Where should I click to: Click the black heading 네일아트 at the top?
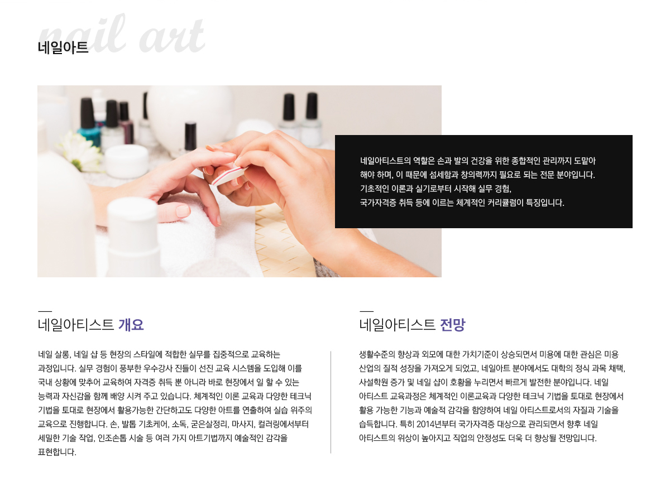tap(63, 47)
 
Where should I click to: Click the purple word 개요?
tap(131, 325)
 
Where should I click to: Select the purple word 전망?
tap(453, 325)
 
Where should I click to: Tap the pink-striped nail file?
tap(229, 176)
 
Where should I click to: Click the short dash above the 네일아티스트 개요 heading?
tap(45, 311)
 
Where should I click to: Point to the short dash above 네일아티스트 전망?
tap(366, 311)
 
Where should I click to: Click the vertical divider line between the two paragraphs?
tap(331, 402)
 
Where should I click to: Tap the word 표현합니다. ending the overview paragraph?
tap(57, 452)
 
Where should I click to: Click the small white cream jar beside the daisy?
tap(127, 161)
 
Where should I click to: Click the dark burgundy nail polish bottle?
tap(126, 123)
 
